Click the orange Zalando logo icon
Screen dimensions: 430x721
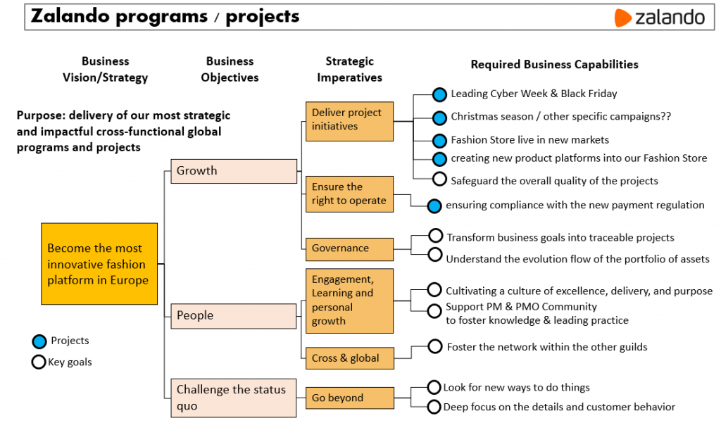(x=622, y=18)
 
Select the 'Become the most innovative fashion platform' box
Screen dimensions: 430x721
(x=99, y=264)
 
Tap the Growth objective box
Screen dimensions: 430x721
(x=234, y=171)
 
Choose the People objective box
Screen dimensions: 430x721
(x=234, y=316)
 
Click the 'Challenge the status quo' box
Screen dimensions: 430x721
(x=234, y=398)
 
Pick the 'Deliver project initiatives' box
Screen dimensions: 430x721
(x=349, y=120)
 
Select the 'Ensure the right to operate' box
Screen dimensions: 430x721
(x=349, y=194)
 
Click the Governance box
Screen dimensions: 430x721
(x=349, y=248)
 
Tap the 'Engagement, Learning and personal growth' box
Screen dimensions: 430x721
(x=349, y=301)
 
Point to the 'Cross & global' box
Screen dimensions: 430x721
(x=349, y=358)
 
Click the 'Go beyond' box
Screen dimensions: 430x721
(x=349, y=398)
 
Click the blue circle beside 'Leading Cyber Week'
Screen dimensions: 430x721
(x=439, y=94)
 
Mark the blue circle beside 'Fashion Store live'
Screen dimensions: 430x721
(x=439, y=141)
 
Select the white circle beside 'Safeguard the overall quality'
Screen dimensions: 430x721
(x=439, y=179)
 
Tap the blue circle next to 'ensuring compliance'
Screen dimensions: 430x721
(x=434, y=206)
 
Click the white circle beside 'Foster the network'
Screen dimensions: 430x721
(x=435, y=346)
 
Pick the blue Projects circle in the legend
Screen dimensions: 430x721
(x=39, y=342)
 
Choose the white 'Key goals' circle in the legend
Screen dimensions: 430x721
(x=39, y=362)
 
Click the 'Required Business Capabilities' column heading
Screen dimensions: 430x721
(x=554, y=65)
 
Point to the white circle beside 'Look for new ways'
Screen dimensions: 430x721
(x=434, y=388)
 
